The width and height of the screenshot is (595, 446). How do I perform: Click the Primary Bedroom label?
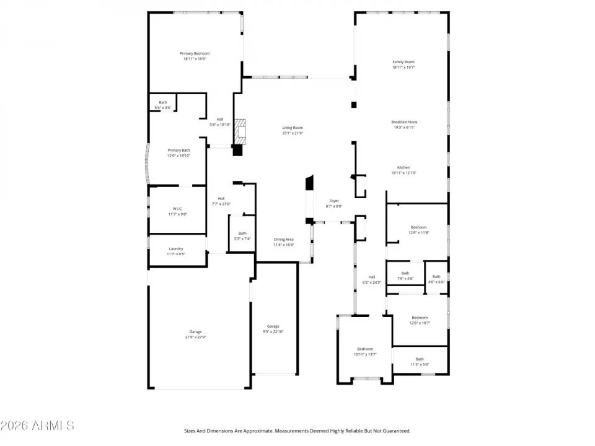coord(195,53)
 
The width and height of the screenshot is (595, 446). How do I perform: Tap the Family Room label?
coord(403,62)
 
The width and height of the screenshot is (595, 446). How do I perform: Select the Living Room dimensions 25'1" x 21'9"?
coord(293,133)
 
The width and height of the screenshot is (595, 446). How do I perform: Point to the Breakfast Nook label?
coord(404,122)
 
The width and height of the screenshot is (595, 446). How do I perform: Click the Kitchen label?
coord(403,168)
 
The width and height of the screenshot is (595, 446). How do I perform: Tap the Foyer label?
coord(334,201)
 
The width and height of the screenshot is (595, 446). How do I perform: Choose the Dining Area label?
coord(284,239)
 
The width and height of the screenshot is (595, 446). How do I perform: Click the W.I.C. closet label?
coord(177,209)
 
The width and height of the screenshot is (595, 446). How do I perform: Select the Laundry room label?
coord(176,248)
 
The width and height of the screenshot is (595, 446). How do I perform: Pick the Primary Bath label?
coord(178,150)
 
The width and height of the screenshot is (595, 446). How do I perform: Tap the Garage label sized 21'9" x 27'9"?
coord(196,331)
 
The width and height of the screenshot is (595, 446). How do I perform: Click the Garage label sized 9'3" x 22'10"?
coord(273,326)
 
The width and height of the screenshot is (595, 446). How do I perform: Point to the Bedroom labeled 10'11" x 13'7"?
coord(364,349)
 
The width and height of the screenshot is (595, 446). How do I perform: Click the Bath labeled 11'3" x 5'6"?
coord(420,359)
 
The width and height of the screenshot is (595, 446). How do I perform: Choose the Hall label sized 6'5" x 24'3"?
coord(372,277)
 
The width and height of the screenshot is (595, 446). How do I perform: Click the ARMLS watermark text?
coord(37,426)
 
